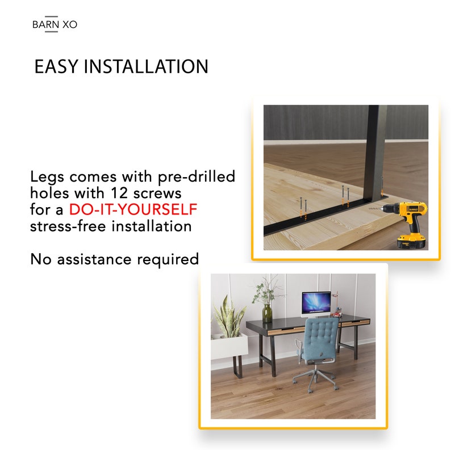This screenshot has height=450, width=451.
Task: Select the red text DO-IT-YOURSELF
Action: [133, 210]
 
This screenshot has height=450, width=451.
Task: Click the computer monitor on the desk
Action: [316, 302]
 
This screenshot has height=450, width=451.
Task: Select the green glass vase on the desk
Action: [267, 313]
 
